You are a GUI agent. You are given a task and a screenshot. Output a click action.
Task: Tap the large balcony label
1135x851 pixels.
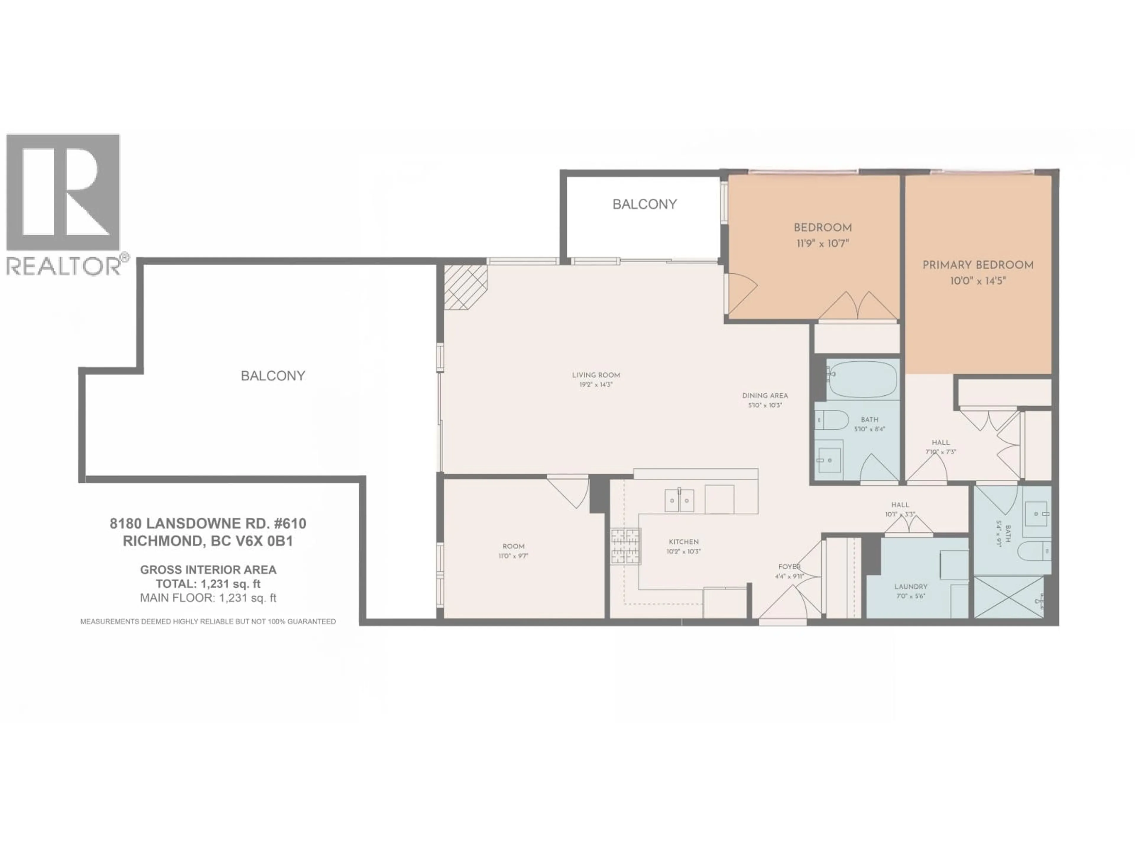[x=273, y=376]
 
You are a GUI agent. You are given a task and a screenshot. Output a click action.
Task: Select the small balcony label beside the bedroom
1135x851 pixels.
[x=644, y=204]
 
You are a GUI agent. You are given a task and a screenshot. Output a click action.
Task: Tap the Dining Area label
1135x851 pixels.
[x=765, y=395]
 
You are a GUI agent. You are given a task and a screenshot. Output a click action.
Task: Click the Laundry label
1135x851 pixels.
[x=911, y=586]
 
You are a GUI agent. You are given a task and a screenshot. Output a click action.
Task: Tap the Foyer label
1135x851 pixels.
[x=789, y=566]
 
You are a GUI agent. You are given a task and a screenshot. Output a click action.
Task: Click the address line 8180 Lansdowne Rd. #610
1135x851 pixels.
[x=208, y=524]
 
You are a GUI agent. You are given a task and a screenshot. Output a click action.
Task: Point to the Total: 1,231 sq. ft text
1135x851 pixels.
[x=208, y=584]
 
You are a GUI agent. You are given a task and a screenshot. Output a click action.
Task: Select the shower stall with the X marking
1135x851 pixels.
[x=1008, y=597]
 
